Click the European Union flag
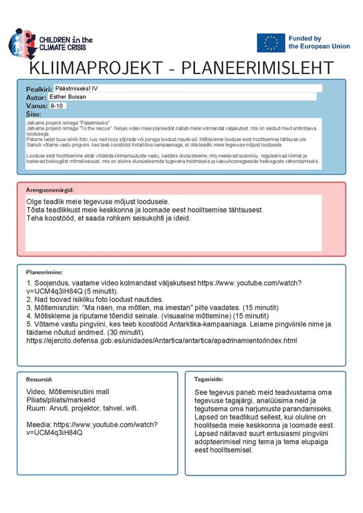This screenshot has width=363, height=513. (271, 43)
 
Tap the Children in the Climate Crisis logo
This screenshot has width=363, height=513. (49, 43)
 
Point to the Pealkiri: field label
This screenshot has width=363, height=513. (38, 89)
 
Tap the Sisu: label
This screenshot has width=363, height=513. (33, 114)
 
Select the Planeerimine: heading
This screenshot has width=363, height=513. (44, 273)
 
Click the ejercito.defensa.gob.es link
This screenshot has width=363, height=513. (161, 341)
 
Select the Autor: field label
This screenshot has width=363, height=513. (36, 98)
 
